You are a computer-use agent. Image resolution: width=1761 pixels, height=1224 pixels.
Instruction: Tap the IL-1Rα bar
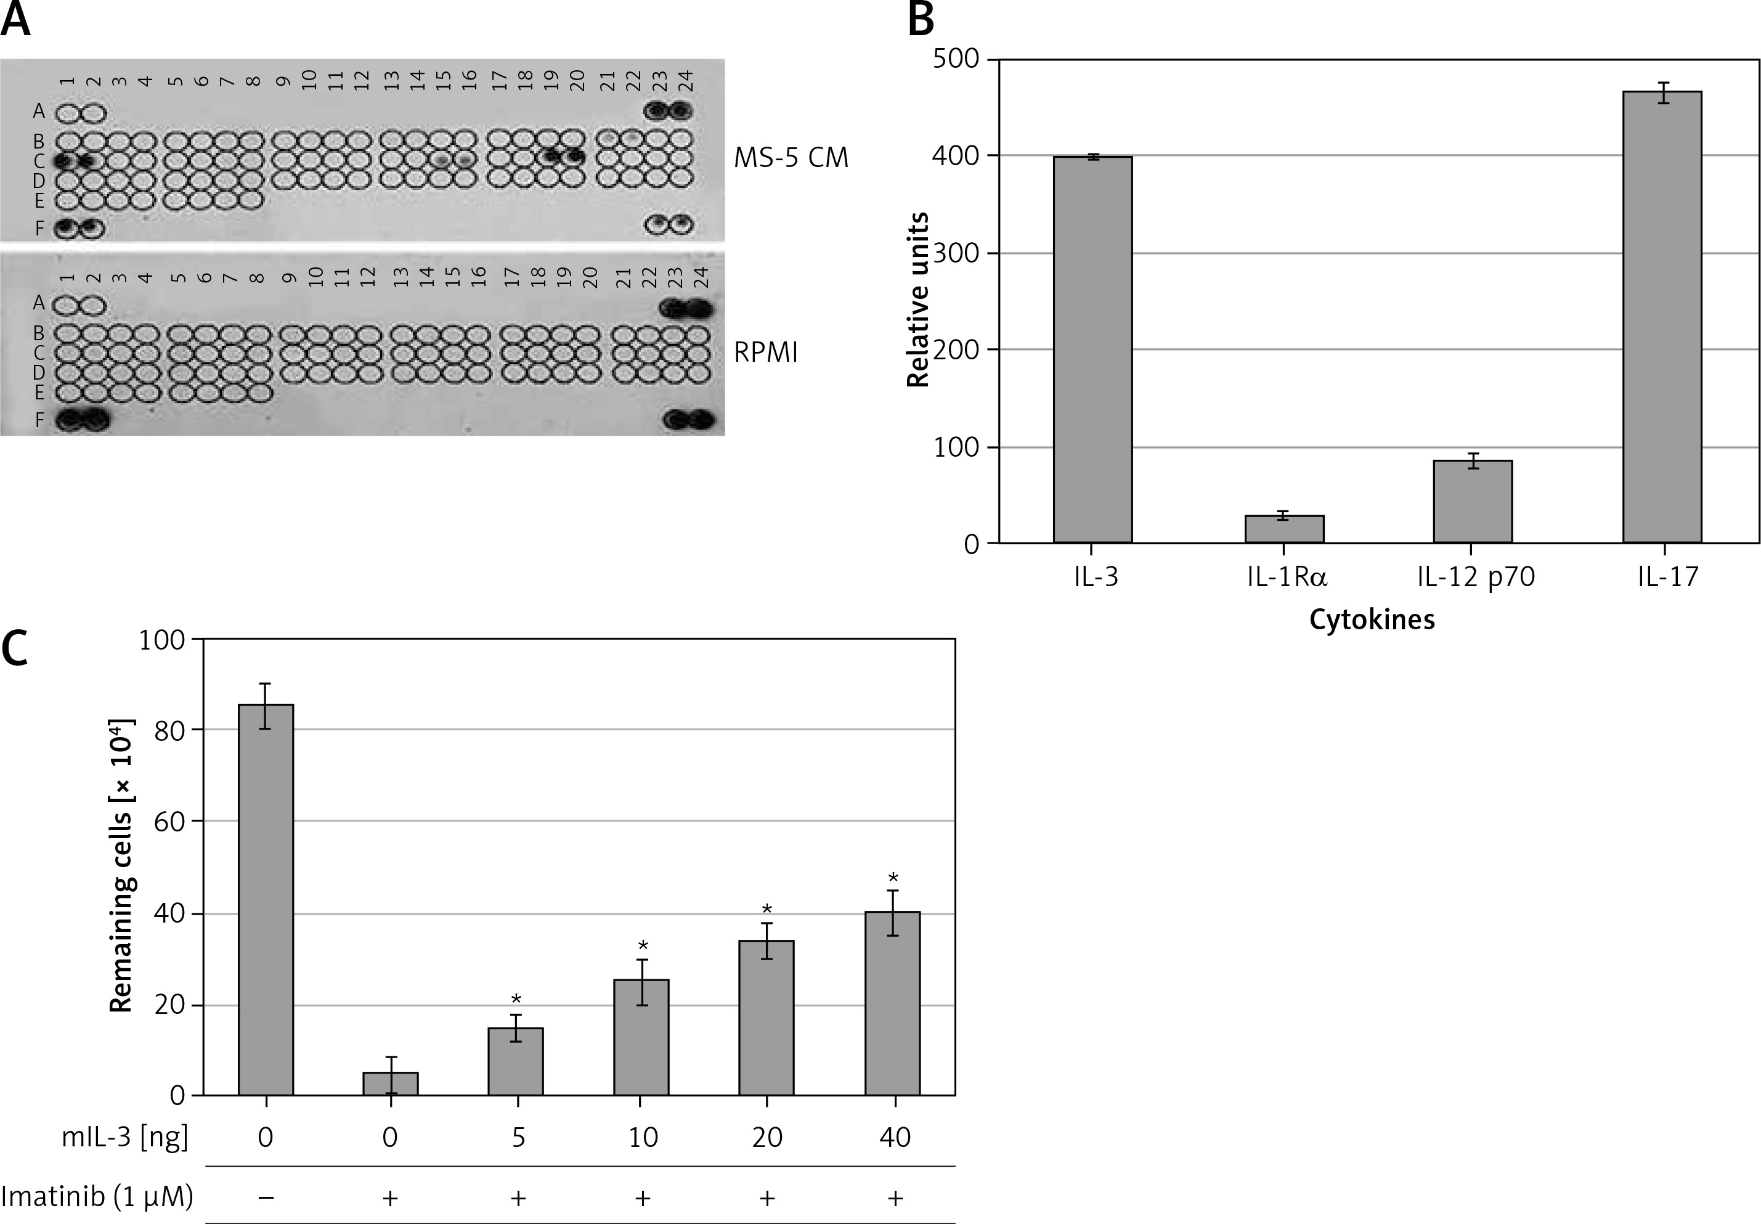coord(1284,529)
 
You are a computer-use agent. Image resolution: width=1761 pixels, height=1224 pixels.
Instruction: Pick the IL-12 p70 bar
coord(1472,502)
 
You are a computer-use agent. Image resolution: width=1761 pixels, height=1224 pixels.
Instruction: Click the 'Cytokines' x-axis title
coord(1372,619)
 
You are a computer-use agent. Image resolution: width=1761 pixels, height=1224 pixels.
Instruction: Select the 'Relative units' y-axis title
coord(917,300)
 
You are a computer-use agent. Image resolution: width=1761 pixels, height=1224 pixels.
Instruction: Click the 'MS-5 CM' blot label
coord(791,158)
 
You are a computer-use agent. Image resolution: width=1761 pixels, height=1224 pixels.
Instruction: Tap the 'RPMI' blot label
coord(766,352)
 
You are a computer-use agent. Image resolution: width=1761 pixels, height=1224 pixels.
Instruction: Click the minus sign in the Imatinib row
coord(266,1196)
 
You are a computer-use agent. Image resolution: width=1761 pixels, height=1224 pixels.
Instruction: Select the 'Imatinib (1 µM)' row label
coord(97,1196)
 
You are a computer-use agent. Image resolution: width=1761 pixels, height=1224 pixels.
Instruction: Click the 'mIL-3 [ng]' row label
coord(125,1136)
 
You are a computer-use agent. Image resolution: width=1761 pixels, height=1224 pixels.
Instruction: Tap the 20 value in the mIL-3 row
coord(767,1136)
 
